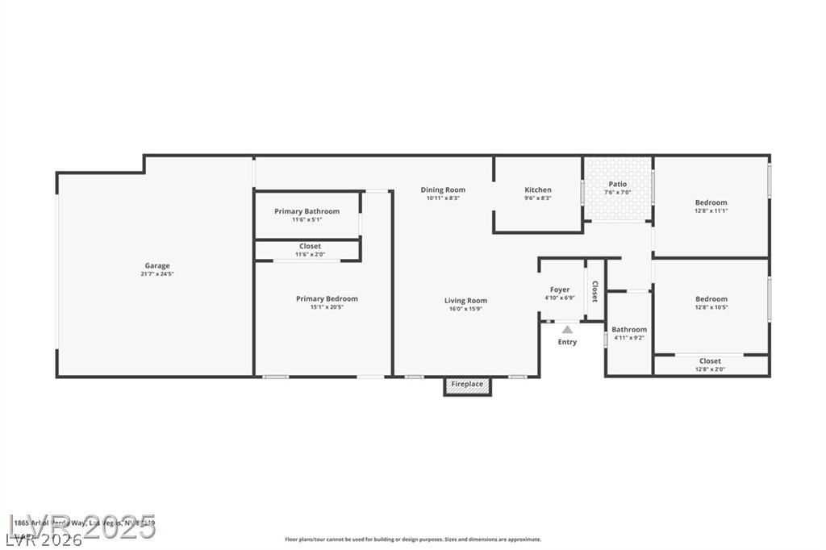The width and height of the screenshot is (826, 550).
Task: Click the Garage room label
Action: pyautogui.click(x=157, y=265)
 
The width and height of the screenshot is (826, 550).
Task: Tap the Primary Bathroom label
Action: pyautogui.click(x=307, y=211)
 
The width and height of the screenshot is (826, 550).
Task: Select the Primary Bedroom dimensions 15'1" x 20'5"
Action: pyautogui.click(x=326, y=307)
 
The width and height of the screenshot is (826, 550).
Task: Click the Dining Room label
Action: pyautogui.click(x=443, y=190)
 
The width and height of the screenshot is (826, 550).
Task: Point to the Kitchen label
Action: pyautogui.click(x=538, y=190)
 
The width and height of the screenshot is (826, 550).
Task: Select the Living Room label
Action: pyautogui.click(x=465, y=301)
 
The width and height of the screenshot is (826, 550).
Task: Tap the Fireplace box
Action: pyautogui.click(x=467, y=385)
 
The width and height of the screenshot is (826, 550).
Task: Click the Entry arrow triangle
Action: pyautogui.click(x=567, y=329)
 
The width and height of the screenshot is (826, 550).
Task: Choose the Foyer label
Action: pyautogui.click(x=560, y=290)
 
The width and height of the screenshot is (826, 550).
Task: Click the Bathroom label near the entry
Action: pyautogui.click(x=628, y=329)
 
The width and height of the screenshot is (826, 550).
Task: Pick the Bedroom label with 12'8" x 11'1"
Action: pyautogui.click(x=711, y=202)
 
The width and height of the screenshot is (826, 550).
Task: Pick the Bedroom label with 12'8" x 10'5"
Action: pyautogui.click(x=711, y=299)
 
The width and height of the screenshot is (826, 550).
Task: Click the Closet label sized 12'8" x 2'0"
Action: pyautogui.click(x=710, y=360)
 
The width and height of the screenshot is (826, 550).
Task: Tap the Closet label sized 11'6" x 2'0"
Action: pyautogui.click(x=310, y=246)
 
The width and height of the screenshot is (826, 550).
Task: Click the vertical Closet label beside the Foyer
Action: pyautogui.click(x=595, y=290)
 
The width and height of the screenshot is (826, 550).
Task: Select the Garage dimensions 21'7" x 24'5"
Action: pyautogui.click(x=157, y=274)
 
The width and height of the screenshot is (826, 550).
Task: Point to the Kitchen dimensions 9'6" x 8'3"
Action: pyautogui.click(x=538, y=198)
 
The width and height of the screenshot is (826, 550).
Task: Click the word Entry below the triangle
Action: pyautogui.click(x=567, y=342)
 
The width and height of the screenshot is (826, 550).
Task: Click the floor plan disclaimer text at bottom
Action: pyautogui.click(x=412, y=540)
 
